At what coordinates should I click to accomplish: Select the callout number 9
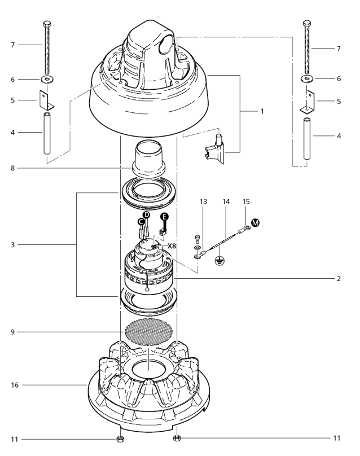click(12, 332)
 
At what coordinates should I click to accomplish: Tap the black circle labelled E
click(165, 217)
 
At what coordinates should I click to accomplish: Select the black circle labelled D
click(146, 216)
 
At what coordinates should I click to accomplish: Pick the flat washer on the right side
click(308, 78)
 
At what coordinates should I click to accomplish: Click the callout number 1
click(261, 111)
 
